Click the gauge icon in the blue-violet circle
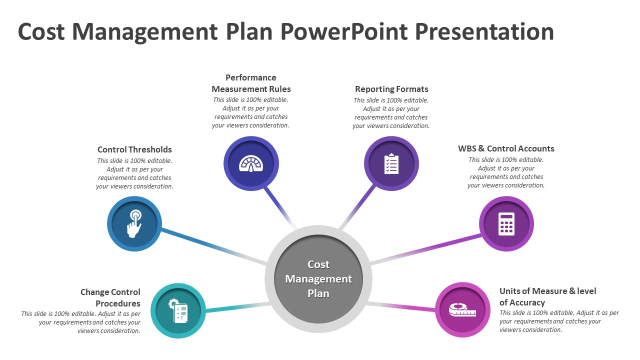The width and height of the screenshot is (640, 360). click(251, 163)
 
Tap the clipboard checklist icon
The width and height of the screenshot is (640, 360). click(391, 163)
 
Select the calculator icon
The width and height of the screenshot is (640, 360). click(506, 223)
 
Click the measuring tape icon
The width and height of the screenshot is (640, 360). click(462, 310)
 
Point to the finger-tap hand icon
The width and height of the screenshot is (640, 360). click(134, 223)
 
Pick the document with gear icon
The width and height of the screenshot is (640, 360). click(178, 310)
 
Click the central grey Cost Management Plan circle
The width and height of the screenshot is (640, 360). click(318, 278)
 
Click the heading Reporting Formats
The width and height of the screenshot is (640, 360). click(391, 89)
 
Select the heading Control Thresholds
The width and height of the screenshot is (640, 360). click(134, 149)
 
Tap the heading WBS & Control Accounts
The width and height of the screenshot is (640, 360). click(506, 148)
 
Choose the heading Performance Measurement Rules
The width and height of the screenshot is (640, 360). click(251, 83)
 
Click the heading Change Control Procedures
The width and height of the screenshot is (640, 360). click(110, 297)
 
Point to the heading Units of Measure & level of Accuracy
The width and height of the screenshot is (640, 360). click(548, 296)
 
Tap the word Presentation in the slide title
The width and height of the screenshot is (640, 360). click(484, 32)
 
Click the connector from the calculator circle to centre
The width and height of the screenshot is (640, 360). click(425, 248)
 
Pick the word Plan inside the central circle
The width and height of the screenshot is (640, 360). click(318, 293)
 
